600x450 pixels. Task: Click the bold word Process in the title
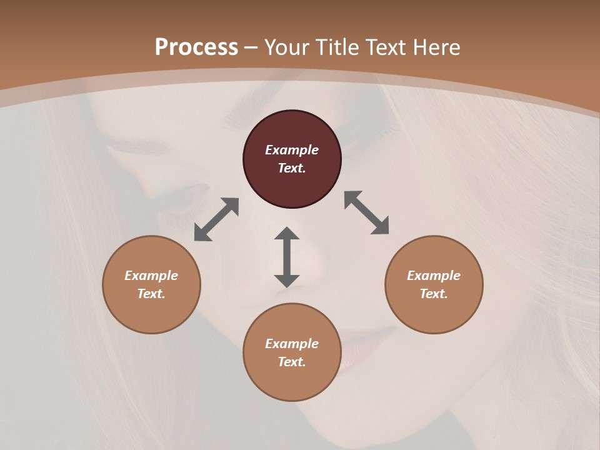[x=196, y=47]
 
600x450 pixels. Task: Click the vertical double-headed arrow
[x=287, y=257]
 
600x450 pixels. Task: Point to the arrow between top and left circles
[x=216, y=219]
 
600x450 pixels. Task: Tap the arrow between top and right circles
[x=367, y=212]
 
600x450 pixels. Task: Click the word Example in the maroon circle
[x=292, y=150]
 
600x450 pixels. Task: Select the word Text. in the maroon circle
[x=292, y=168]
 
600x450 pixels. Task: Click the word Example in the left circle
[x=151, y=276]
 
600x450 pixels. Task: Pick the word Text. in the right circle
[x=434, y=294]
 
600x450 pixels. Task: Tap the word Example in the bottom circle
[x=292, y=344]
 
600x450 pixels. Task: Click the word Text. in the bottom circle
[x=292, y=362]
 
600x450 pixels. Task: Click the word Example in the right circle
[x=434, y=276]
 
